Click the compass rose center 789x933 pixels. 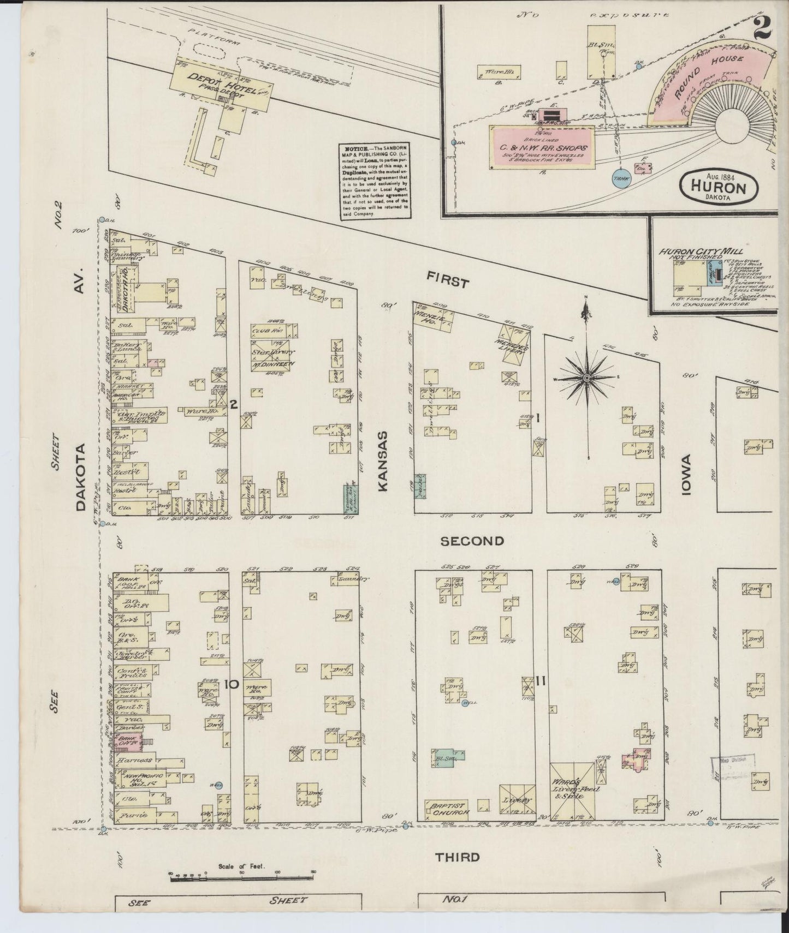(586, 377)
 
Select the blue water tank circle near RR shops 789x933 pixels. (620, 178)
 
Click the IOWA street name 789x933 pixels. (685, 475)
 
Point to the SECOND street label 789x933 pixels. (472, 541)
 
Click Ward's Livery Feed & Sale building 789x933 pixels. (572, 791)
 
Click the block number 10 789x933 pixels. (232, 684)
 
